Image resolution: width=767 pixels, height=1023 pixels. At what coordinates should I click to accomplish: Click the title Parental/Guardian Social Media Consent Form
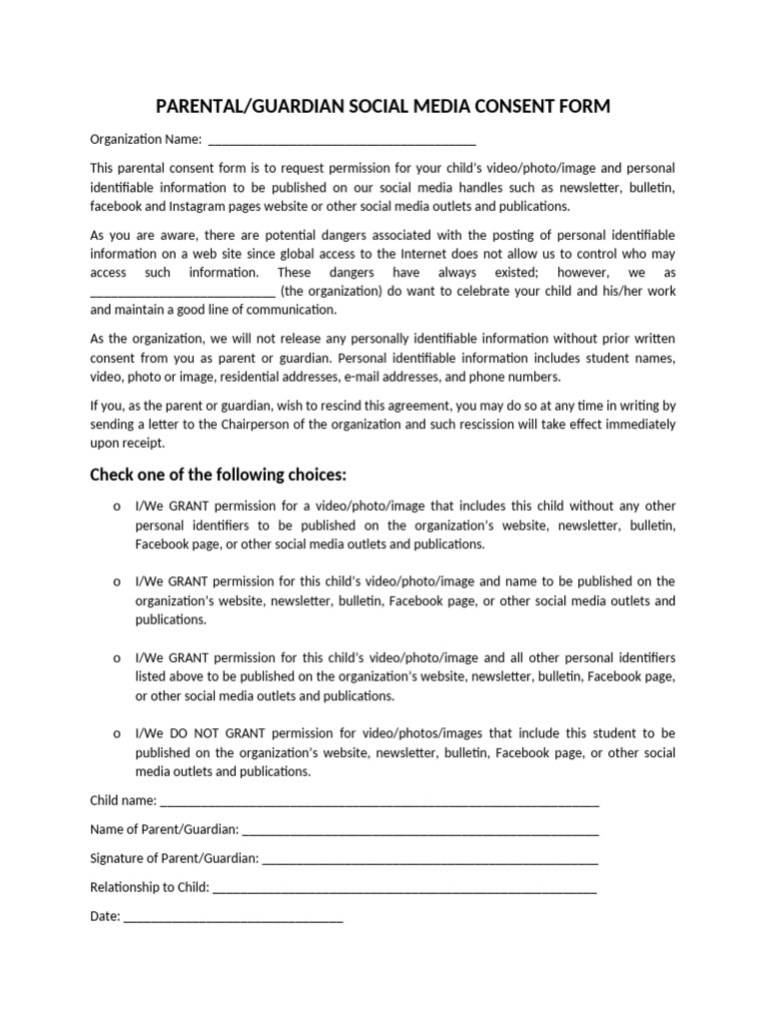383,106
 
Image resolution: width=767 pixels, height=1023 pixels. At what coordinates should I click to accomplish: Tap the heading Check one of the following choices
219,473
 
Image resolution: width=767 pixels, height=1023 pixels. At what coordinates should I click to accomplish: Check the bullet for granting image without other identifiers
117,508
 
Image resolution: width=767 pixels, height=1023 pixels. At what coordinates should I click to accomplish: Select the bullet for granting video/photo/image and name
117,582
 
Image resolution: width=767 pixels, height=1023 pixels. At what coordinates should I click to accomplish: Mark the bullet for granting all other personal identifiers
117,658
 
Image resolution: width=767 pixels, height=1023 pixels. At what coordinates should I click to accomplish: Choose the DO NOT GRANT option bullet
117,734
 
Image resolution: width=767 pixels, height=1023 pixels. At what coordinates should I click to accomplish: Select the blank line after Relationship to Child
404,888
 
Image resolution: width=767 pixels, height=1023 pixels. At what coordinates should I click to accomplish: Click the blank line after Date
233,917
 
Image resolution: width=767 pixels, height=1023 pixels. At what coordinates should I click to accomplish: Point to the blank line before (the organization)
183,293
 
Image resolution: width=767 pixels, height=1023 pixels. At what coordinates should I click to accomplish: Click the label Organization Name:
146,140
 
